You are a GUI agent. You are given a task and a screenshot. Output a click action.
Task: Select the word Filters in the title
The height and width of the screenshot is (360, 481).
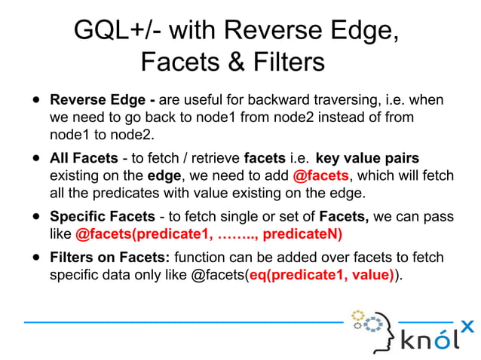coord(286,62)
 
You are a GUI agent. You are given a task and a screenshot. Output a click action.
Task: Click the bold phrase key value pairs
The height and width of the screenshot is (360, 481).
coord(367,159)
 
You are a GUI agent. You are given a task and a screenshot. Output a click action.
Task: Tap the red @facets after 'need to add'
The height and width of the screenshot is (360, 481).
coord(320,176)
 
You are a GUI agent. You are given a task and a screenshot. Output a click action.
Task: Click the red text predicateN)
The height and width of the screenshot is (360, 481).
coord(301,234)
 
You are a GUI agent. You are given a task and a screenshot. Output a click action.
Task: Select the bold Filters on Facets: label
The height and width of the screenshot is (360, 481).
coord(106,258)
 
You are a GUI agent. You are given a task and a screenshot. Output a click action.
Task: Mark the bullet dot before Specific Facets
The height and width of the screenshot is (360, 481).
coord(35,218)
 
